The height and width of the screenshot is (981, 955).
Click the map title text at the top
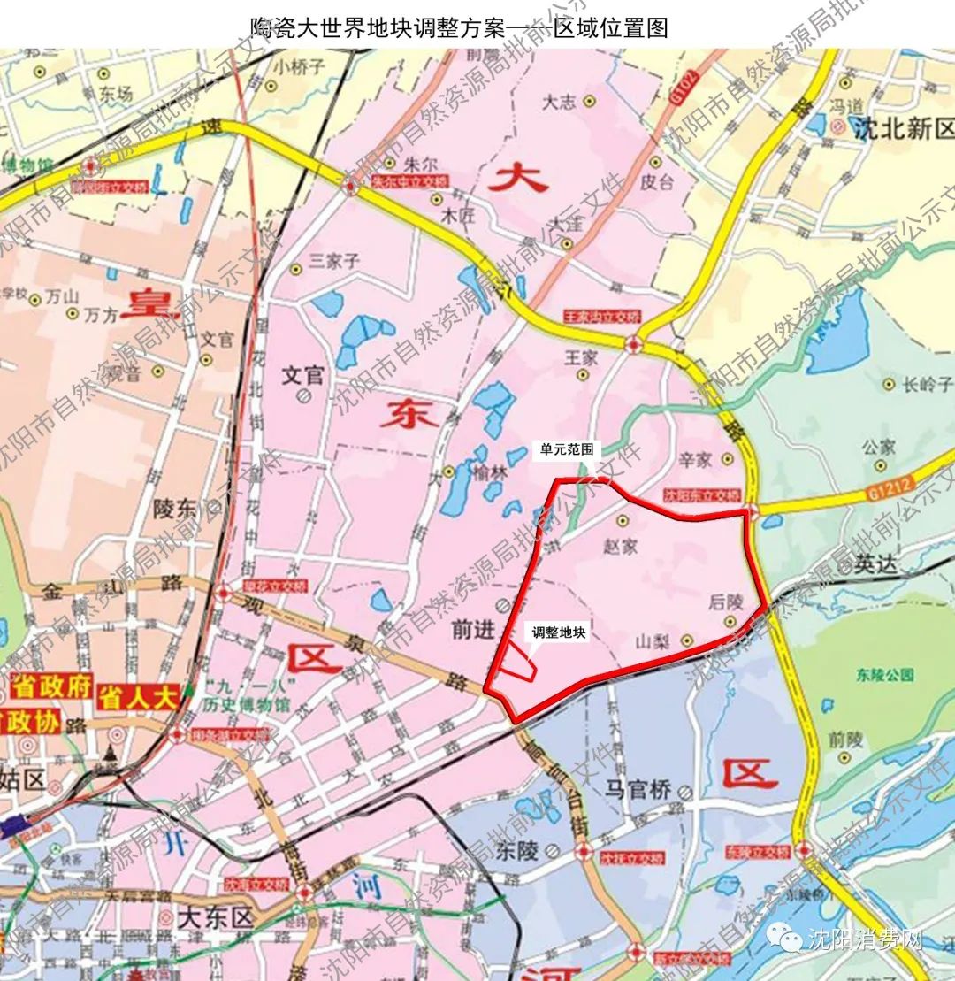click(460, 27)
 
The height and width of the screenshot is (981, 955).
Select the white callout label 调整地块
click(558, 633)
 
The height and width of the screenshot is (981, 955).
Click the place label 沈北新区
click(904, 131)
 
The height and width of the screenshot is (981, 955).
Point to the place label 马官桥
click(638, 790)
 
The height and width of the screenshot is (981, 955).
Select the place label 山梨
click(655, 641)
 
